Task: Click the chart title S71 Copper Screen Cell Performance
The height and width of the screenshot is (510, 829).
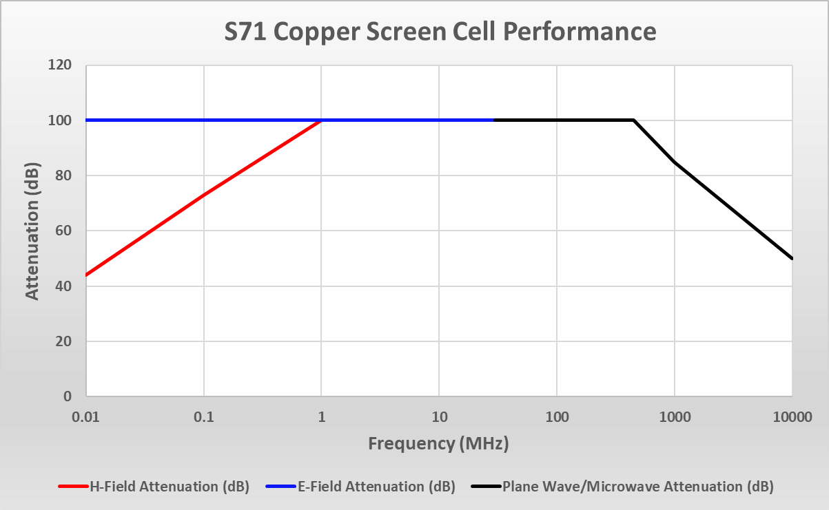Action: tap(440, 32)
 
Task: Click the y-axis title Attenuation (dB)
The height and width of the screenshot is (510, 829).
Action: tap(32, 231)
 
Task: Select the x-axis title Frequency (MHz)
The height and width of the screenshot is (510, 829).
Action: tap(438, 443)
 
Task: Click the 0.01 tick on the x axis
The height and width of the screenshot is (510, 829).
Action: tap(85, 416)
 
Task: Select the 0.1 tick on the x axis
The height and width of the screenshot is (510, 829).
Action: tap(203, 416)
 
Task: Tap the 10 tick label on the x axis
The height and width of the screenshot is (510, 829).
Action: tap(439, 416)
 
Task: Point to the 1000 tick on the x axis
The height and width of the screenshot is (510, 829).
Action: tap(675, 416)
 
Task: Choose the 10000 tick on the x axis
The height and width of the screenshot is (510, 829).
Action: tap(792, 416)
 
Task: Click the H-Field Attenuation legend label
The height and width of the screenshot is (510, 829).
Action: tap(169, 487)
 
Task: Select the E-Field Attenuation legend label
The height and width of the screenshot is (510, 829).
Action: tap(376, 487)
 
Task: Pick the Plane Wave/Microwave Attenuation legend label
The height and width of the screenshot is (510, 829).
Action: tap(638, 487)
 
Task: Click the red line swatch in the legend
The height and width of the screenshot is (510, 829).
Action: tap(74, 487)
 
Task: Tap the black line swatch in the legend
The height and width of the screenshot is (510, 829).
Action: tap(485, 487)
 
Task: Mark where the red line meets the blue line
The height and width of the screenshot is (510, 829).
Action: tap(321, 120)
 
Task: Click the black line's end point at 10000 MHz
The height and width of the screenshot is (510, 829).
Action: tap(792, 258)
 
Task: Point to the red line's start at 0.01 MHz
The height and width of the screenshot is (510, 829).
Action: tap(86, 275)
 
